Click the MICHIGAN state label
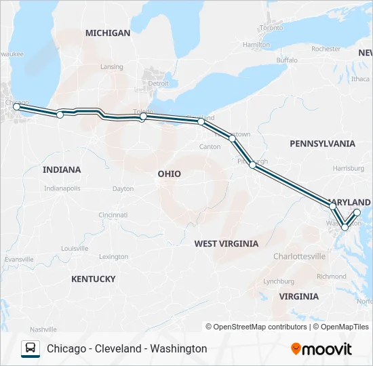pyautogui.click(x=108, y=33)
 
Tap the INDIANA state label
pyautogui.click(x=61, y=169)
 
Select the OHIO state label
pyautogui.click(x=169, y=174)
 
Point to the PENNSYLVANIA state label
pyautogui.click(x=322, y=144)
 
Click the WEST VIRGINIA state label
pyautogui.click(x=226, y=243)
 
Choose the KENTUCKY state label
pyautogui.click(x=93, y=279)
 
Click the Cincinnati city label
pyautogui.click(x=113, y=215)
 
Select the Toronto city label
pyautogui.click(x=271, y=28)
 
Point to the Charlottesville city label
pyautogui.click(x=299, y=256)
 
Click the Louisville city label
pyautogui.click(x=75, y=248)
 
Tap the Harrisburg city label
pyautogui.click(x=349, y=167)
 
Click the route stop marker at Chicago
pyautogui.click(x=17, y=106)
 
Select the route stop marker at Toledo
pyautogui.click(x=143, y=117)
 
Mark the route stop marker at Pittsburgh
pyautogui.click(x=252, y=165)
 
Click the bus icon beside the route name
pyautogui.click(x=31, y=348)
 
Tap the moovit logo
pyautogui.click(x=321, y=349)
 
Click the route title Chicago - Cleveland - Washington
pyautogui.click(x=127, y=349)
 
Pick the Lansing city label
pyautogui.click(x=111, y=67)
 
